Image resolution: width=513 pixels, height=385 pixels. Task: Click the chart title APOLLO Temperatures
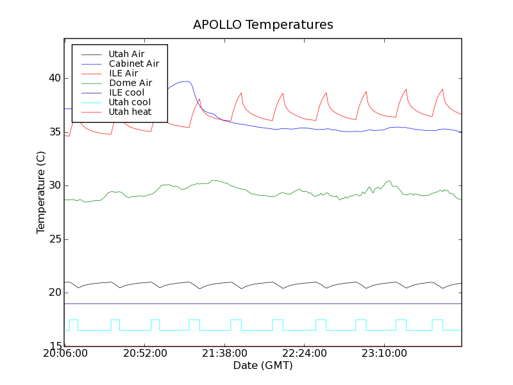[x=263, y=25]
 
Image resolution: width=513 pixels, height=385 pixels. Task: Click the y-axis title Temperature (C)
[x=41, y=192]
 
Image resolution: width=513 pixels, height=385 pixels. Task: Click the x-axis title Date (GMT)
[x=263, y=366]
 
